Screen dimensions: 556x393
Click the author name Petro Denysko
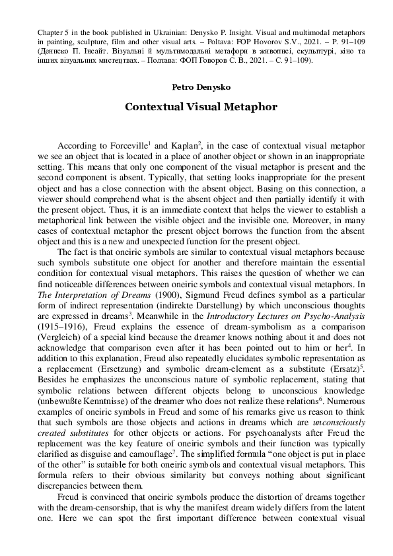(196, 87)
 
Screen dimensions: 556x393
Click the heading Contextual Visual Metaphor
(196, 106)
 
